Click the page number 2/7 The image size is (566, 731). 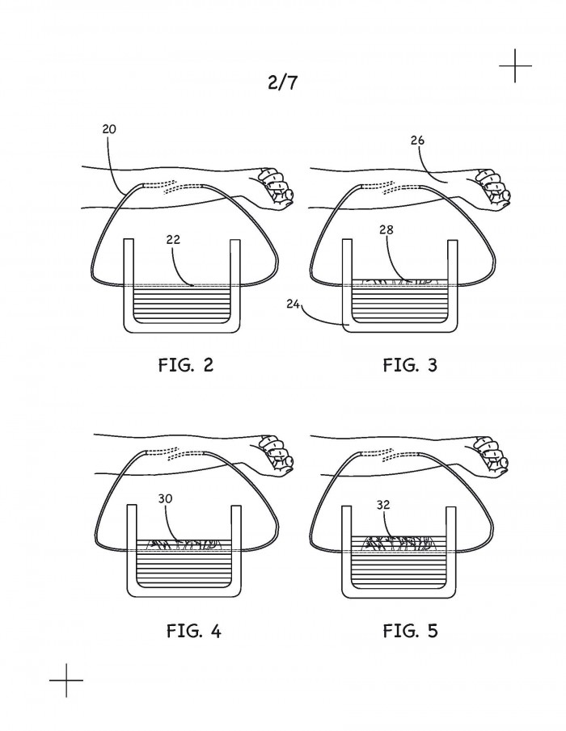click(282, 82)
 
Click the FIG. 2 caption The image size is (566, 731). click(186, 364)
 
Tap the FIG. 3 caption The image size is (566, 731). click(410, 364)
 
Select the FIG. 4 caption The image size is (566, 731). click(193, 631)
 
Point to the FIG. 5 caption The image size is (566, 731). click(410, 631)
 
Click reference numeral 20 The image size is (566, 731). click(108, 129)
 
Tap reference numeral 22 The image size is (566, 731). click(173, 240)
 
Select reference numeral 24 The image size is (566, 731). click(293, 304)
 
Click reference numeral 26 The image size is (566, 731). click(417, 140)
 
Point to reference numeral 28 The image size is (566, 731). click(386, 229)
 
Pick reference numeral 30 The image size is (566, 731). click(165, 498)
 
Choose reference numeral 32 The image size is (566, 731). click(383, 505)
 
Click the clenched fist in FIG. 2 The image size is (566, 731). click(277, 187)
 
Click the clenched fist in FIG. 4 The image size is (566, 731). click(277, 455)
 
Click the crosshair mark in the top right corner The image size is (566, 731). click(515, 65)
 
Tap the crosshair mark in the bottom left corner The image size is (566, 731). click(66, 680)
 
